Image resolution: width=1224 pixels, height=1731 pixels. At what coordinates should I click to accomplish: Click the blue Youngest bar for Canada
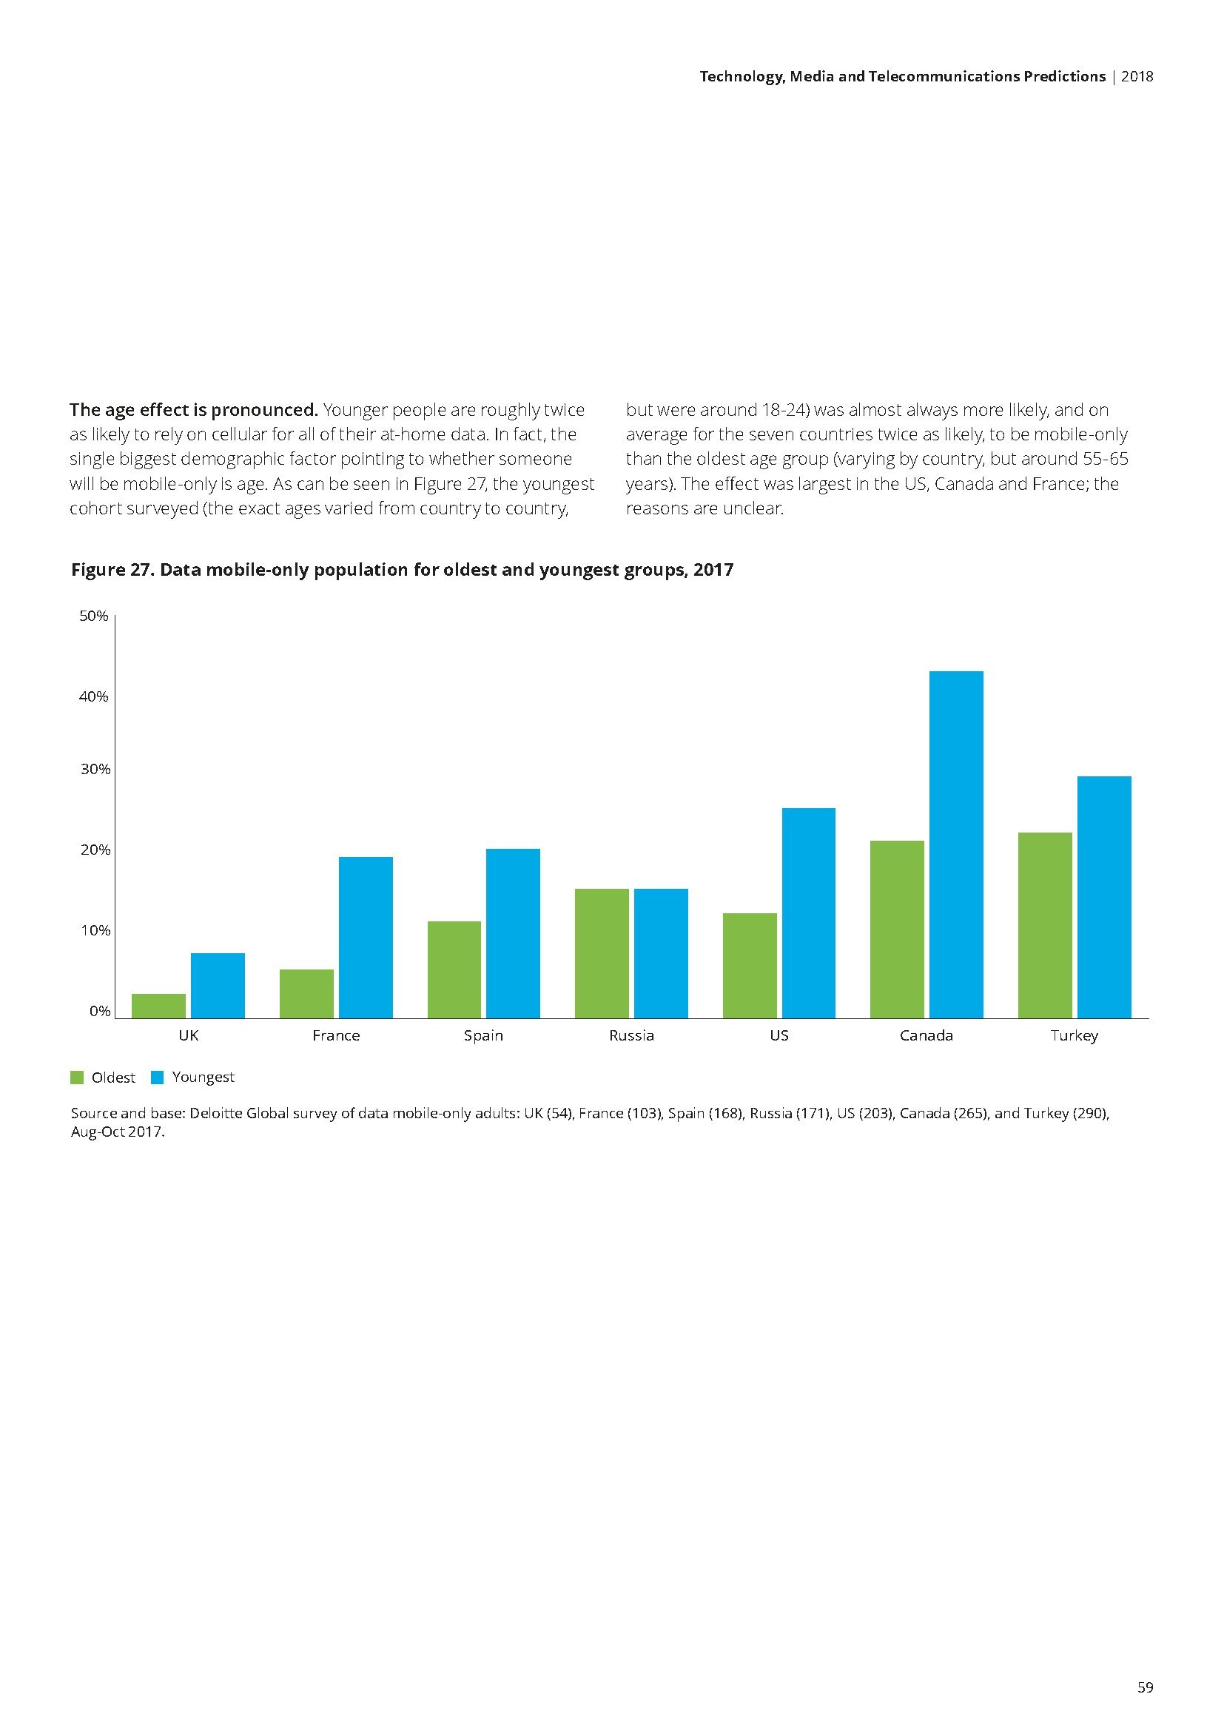pos(955,844)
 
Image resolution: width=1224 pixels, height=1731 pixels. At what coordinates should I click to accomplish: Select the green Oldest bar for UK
pos(158,1006)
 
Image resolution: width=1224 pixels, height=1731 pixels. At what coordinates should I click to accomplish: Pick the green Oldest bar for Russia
pos(602,954)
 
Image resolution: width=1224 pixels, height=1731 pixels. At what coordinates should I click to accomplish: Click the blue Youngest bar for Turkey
pos(1104,897)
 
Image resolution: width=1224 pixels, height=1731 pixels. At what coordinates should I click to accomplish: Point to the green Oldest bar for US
pos(749,966)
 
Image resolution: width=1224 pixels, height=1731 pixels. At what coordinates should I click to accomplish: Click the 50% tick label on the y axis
pos(94,616)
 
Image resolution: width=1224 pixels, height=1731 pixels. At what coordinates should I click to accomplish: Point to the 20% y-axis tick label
pos(94,850)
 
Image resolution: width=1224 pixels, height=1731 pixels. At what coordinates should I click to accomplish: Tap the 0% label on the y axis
pos(99,1011)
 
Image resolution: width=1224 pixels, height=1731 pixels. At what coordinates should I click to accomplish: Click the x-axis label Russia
pos(631,1036)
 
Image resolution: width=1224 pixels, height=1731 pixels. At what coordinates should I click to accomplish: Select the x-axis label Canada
pos(927,1036)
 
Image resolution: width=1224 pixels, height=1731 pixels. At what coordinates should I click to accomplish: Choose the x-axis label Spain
pos(483,1036)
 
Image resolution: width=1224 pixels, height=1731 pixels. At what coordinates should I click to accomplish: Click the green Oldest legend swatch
pos(77,1078)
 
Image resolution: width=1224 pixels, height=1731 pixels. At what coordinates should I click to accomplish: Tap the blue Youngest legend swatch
pos(158,1078)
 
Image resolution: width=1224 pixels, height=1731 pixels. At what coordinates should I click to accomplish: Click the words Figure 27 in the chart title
pos(112,570)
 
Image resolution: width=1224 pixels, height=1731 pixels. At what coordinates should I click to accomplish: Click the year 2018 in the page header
pos(1137,76)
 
